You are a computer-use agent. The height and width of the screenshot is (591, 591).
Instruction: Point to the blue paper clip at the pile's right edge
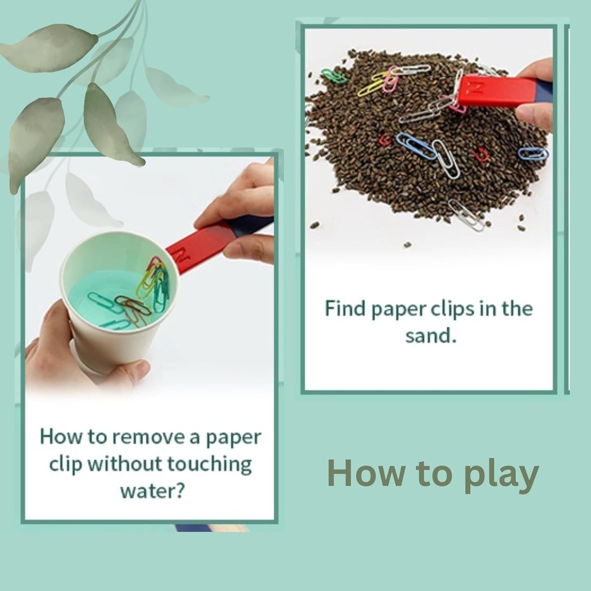(533, 153)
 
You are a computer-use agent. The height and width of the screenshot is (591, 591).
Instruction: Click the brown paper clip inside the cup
(132, 305)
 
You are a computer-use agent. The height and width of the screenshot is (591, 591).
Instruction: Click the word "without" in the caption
(126, 465)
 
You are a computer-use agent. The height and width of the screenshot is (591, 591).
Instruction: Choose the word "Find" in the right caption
(345, 309)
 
